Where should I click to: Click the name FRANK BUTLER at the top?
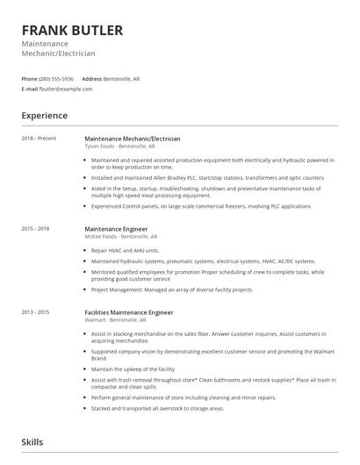pyautogui.click(x=72, y=30)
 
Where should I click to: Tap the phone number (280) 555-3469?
pyautogui.click(x=59, y=79)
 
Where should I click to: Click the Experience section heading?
pyautogui.click(x=44, y=115)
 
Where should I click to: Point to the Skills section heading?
pyautogui.click(x=32, y=442)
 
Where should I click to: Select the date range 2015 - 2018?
pyautogui.click(x=37, y=228)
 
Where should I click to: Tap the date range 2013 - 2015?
pyautogui.click(x=37, y=312)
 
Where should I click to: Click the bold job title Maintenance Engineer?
pyautogui.click(x=116, y=228)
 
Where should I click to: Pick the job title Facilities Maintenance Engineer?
pyautogui.click(x=129, y=312)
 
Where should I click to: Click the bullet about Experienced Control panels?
pyautogui.click(x=201, y=206)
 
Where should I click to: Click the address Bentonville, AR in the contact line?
pyautogui.click(x=122, y=79)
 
